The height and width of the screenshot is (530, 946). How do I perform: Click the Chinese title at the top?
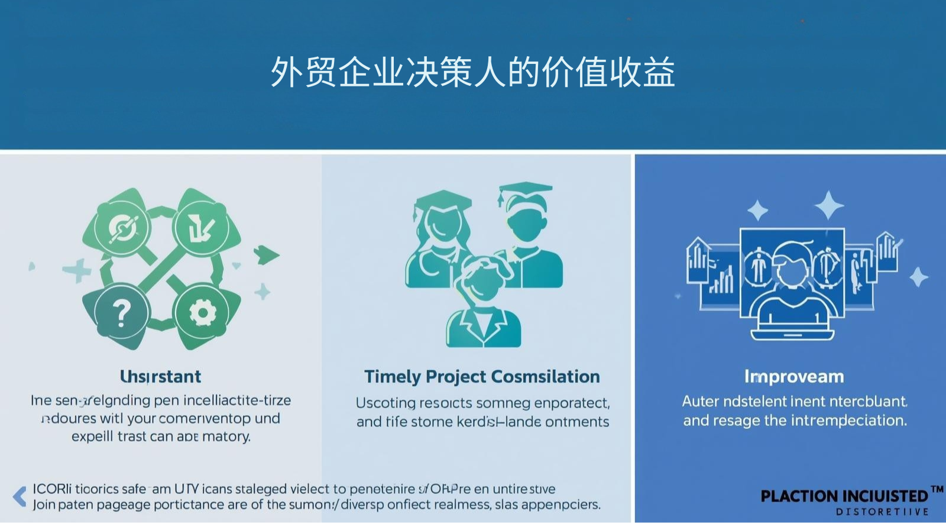(472, 72)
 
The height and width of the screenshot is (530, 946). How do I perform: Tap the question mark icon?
(121, 312)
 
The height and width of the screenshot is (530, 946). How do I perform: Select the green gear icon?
(202, 312)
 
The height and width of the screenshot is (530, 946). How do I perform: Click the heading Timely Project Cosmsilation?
(482, 376)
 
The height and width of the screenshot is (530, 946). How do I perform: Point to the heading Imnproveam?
(794, 376)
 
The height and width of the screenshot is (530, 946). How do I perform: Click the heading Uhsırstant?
(160, 376)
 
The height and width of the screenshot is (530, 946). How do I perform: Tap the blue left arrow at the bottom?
(20, 496)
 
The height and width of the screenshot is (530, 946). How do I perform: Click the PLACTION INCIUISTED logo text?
(844, 496)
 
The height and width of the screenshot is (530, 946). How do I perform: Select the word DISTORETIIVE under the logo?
(882, 512)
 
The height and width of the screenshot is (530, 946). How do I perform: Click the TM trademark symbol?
(937, 490)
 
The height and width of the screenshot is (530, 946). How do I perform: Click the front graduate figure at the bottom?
(483, 308)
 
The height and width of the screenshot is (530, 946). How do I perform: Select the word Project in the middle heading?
(456, 376)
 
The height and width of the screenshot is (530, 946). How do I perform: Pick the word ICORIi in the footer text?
(52, 489)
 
